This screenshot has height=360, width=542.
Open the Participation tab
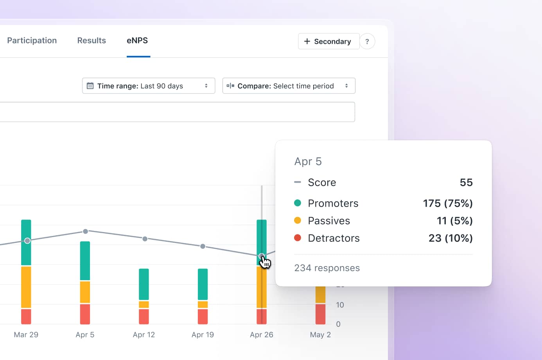(32, 41)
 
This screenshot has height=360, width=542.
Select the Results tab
(92, 41)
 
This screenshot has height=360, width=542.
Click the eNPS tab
(137, 41)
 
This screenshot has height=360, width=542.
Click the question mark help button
(367, 41)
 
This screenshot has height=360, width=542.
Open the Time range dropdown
(149, 86)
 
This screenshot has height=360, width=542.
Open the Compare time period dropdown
(289, 86)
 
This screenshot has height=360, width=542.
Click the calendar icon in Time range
(90, 86)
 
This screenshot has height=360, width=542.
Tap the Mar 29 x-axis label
(26, 335)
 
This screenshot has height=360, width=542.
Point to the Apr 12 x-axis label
(144, 335)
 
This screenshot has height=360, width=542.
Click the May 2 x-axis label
(320, 335)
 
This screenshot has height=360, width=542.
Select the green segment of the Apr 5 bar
(85, 261)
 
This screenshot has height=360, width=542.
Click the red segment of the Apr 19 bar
(203, 316)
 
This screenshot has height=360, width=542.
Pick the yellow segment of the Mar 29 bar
(26, 287)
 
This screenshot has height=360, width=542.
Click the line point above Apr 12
(145, 239)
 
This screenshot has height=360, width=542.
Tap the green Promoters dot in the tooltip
(298, 203)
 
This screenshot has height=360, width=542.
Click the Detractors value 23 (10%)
(450, 238)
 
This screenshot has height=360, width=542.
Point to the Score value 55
(466, 182)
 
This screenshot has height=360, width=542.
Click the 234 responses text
(327, 268)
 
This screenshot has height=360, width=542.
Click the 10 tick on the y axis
(340, 305)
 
